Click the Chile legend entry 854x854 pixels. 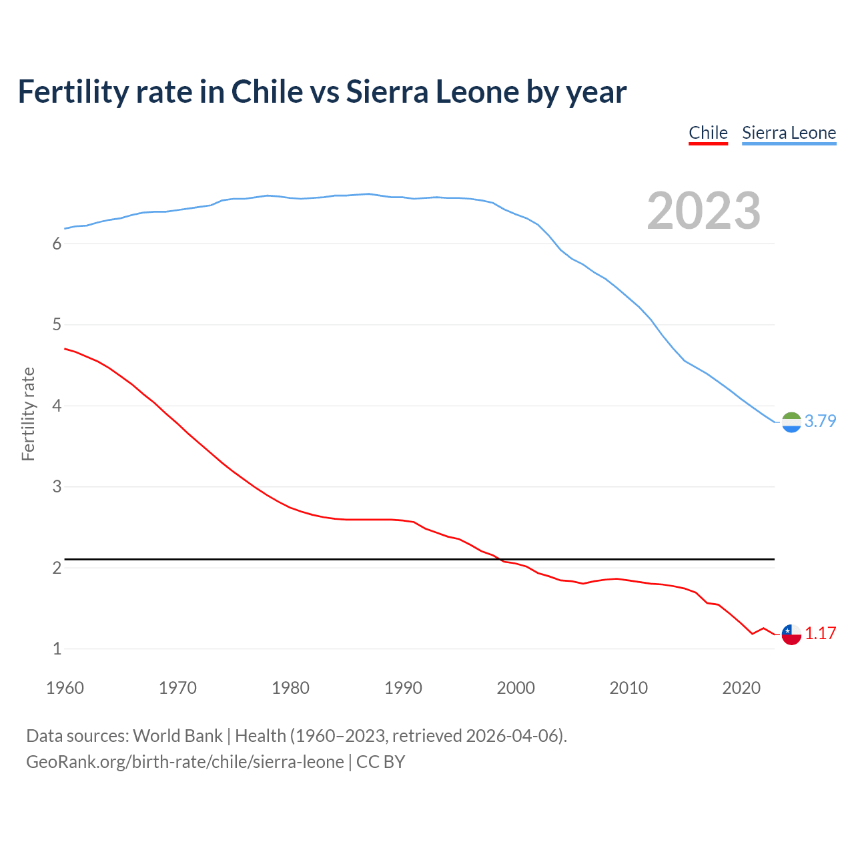click(x=708, y=133)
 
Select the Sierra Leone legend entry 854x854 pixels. click(x=789, y=133)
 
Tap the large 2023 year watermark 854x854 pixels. click(x=704, y=211)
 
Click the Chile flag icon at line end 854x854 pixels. click(x=791, y=634)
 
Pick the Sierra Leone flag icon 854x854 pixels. click(x=791, y=422)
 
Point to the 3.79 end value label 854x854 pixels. click(x=820, y=421)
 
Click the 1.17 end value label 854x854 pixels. click(x=820, y=633)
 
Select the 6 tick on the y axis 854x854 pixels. click(x=57, y=244)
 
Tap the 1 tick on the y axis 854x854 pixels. click(x=57, y=649)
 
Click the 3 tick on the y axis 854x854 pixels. click(x=57, y=487)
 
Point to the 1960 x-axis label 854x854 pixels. click(x=65, y=688)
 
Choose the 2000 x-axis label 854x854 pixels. click(x=516, y=688)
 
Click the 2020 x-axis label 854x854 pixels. click(x=741, y=688)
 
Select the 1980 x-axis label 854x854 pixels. click(x=290, y=688)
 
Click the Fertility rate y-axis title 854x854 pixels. click(x=28, y=414)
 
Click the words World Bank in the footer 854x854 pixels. click(x=177, y=736)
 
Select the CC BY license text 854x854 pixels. click(x=380, y=762)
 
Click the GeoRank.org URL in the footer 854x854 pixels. click(x=185, y=762)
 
